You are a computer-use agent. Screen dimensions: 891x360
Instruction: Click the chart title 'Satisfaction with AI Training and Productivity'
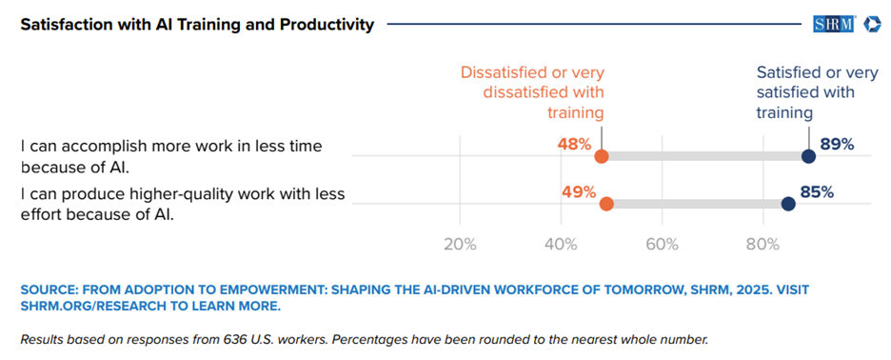pyautogui.click(x=197, y=26)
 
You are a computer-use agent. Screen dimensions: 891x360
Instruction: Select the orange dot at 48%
pyautogui.click(x=602, y=156)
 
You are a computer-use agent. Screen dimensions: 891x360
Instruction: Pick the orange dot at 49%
pyautogui.click(x=606, y=204)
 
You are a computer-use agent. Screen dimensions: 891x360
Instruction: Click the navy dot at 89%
pyautogui.click(x=808, y=156)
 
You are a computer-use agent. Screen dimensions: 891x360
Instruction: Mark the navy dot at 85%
pyautogui.click(x=788, y=204)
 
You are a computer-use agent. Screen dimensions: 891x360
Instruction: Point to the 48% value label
pyautogui.click(x=574, y=145)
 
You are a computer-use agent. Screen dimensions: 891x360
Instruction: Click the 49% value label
pyautogui.click(x=579, y=192)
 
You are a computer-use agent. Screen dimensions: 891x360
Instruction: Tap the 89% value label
pyautogui.click(x=838, y=145)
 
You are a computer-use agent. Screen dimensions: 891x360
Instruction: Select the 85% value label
pyautogui.click(x=817, y=192)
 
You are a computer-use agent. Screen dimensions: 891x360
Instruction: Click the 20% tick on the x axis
pyautogui.click(x=460, y=244)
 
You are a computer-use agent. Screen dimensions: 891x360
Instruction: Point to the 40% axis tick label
pyautogui.click(x=562, y=244)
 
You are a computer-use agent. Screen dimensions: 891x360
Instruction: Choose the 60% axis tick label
pyautogui.click(x=662, y=244)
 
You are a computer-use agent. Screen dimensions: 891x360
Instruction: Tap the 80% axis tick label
pyautogui.click(x=763, y=244)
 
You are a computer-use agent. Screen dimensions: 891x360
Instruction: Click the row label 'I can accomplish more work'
pyautogui.click(x=171, y=156)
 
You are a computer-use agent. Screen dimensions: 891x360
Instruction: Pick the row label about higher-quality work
pyautogui.click(x=183, y=204)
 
